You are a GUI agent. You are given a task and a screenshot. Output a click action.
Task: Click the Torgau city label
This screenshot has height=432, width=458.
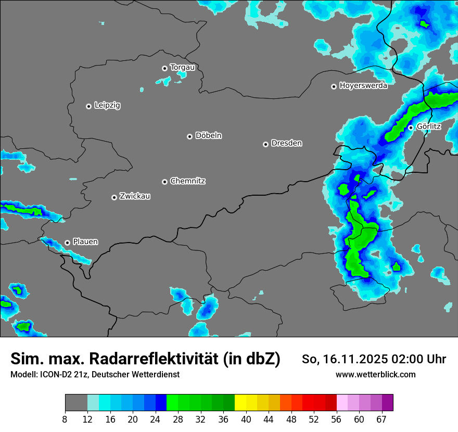[182, 68]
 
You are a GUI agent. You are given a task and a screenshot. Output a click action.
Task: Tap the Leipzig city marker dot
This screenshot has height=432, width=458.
[88, 106]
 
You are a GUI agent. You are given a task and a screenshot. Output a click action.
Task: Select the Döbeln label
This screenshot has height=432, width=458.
[208, 136]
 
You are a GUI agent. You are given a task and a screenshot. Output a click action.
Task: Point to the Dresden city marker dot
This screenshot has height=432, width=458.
[265, 144]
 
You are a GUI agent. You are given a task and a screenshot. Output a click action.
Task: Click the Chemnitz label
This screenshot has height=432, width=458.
[187, 181]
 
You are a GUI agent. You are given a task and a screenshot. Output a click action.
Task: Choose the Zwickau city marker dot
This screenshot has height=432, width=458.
[114, 197]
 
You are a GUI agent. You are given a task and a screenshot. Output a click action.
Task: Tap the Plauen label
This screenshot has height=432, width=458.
[85, 242]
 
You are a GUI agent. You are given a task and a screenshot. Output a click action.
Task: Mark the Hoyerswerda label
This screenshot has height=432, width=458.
[363, 86]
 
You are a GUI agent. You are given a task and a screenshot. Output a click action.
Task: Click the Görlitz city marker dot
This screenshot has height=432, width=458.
[411, 128]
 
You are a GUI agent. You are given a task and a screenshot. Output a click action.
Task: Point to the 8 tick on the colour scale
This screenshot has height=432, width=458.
[65, 418]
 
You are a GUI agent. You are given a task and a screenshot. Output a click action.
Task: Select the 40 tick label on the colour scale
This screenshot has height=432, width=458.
[246, 418]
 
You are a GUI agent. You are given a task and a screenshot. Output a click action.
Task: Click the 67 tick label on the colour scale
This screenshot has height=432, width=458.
[381, 418]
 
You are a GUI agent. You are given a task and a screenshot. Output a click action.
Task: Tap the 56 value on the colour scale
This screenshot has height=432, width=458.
[337, 418]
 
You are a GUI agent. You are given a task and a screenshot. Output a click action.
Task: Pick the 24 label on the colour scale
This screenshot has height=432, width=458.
[155, 418]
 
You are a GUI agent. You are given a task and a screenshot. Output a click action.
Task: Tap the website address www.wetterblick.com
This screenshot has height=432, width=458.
[375, 374]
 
